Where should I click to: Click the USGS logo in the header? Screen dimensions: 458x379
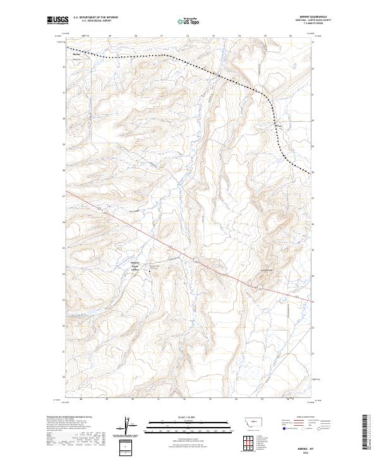click(x=57, y=20)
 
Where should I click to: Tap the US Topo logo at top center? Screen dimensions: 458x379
click(x=189, y=20)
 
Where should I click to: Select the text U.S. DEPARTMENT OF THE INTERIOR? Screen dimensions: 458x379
click(x=95, y=18)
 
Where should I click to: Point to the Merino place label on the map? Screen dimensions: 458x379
click(x=77, y=54)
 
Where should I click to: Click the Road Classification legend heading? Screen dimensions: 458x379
click(x=301, y=418)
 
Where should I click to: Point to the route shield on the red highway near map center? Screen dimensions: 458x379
click(x=196, y=260)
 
